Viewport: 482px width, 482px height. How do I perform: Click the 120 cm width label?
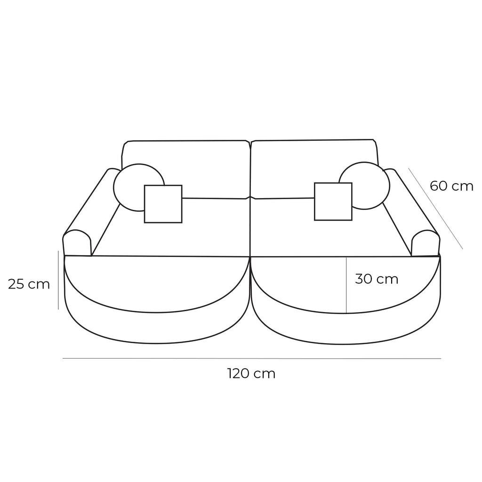pyautogui.click(x=251, y=374)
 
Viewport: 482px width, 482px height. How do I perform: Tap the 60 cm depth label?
pyautogui.click(x=451, y=186)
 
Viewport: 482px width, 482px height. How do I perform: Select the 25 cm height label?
pyautogui.click(x=29, y=284)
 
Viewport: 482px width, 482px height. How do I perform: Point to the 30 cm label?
pyautogui.click(x=377, y=279)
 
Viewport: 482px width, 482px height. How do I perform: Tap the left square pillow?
pyautogui.click(x=163, y=204)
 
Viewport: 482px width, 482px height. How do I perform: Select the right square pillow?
pyautogui.click(x=333, y=201)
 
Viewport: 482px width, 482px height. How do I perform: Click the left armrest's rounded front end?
pyautogui.click(x=77, y=243)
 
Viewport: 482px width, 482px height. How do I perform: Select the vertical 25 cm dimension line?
pyautogui.click(x=58, y=280)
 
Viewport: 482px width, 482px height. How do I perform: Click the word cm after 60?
pyautogui.click(x=462, y=186)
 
